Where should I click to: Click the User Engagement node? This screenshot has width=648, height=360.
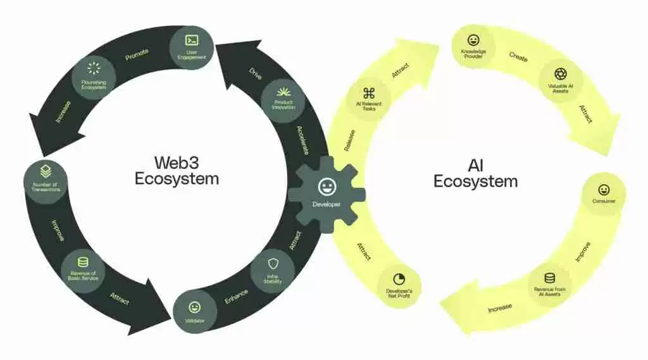[x=191, y=46]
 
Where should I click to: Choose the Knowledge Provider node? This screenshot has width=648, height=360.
[x=473, y=46]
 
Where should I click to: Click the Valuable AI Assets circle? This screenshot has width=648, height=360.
[x=560, y=80]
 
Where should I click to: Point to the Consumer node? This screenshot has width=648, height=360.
[x=604, y=194]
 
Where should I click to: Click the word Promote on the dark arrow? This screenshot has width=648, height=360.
[x=137, y=54]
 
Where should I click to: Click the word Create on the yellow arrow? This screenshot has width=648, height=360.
[x=519, y=56]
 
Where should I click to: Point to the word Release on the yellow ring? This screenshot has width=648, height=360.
[x=349, y=140]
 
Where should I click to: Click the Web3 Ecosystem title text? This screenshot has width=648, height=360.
[x=177, y=171]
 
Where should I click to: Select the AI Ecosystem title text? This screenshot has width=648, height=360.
[x=475, y=173]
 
